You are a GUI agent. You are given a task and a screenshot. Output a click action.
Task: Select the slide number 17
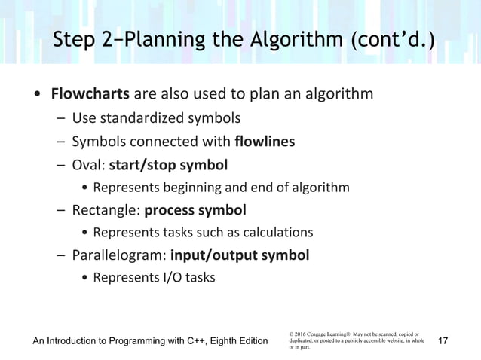pos(443,342)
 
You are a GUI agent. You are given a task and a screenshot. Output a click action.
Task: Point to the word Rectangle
pos(104,209)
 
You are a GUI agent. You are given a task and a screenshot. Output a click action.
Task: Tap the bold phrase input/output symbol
pos(240,255)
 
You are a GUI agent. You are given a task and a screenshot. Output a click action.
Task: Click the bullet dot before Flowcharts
pos(36,96)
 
